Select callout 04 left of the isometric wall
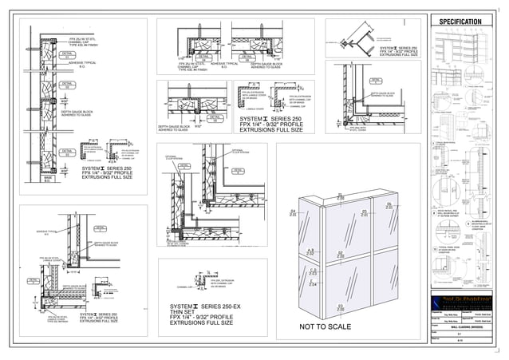[293, 212]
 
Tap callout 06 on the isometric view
[388, 206]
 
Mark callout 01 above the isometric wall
[341, 196]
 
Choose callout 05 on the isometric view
[364, 212]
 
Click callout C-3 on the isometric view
[313, 272]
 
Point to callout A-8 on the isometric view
[340, 255]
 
